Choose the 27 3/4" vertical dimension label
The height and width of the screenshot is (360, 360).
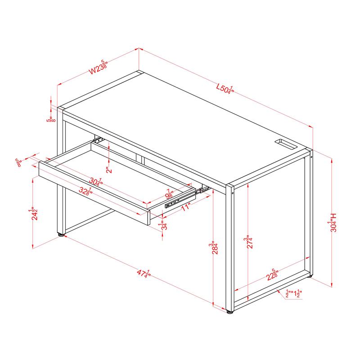click(248, 240)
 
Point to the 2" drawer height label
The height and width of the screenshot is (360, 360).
click(109, 171)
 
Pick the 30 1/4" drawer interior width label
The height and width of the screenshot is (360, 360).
click(94, 181)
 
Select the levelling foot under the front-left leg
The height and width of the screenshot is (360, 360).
click(60, 234)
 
